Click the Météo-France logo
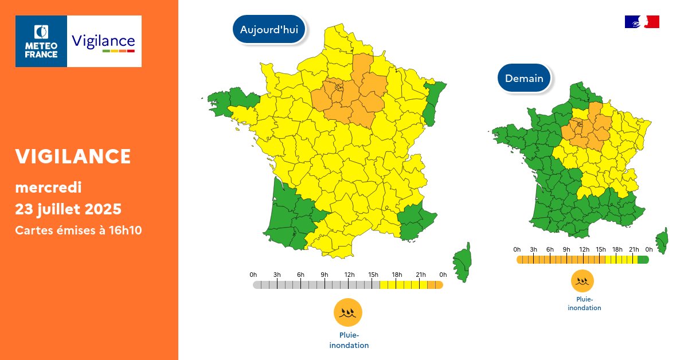coord(41,41)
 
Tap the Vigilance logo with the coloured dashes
coord(104,41)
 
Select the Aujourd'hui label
coord(269,30)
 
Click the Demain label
coord(524,78)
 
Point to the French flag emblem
coord(642,22)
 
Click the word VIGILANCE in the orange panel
coord(73,156)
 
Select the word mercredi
coord(48,187)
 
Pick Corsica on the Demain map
coord(662,240)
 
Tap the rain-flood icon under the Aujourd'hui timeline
coord(348,312)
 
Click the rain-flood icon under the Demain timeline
coord(582,281)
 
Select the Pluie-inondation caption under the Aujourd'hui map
coord(349,341)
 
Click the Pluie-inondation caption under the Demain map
coord(584,304)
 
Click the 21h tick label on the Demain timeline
coord(634,249)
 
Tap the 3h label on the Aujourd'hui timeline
coord(277,275)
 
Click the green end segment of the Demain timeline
coord(643,260)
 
